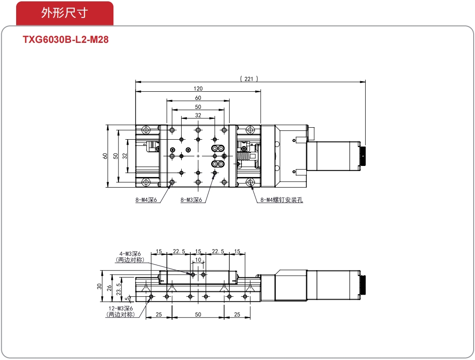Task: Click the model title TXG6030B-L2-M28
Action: coord(66,40)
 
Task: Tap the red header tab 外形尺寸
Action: coord(65,13)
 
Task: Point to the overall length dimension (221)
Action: coord(249,79)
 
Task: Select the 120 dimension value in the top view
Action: coord(198,89)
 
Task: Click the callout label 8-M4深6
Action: coord(146,200)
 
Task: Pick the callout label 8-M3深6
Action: coord(191,200)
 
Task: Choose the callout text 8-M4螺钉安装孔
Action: coord(282,200)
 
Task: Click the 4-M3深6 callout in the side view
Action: coord(130,254)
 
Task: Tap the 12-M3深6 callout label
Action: coord(121,308)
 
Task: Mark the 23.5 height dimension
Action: coord(119,289)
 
